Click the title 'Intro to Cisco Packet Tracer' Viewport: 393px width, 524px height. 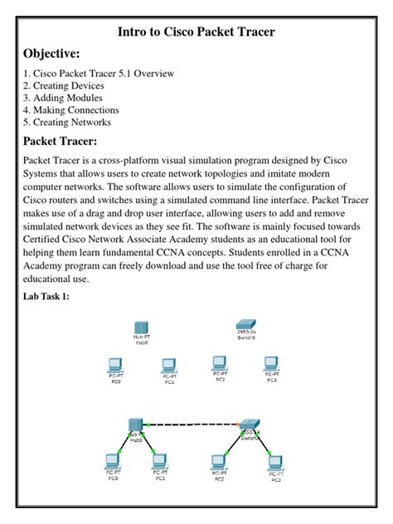(196, 32)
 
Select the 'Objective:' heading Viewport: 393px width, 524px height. (54, 54)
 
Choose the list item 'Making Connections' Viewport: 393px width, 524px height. (71, 110)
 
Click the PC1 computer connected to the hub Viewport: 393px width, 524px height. (162, 461)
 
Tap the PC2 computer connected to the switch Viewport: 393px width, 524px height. (220, 461)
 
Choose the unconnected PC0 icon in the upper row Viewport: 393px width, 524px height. (116, 365)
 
